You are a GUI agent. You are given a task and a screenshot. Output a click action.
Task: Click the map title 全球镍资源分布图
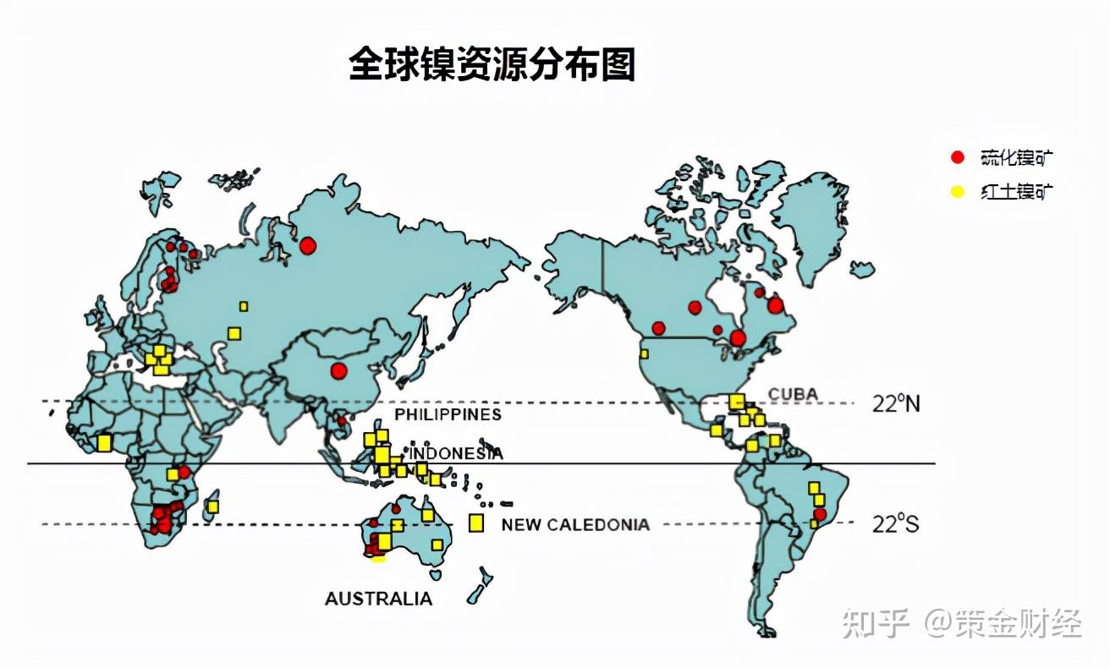(492, 64)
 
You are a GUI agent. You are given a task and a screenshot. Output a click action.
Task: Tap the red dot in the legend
(957, 157)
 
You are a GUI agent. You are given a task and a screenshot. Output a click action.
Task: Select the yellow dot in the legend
(957, 191)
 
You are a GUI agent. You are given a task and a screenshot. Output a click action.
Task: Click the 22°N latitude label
(896, 403)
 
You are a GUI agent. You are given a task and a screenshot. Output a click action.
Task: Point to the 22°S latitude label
(895, 524)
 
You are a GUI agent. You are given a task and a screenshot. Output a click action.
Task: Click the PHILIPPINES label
(448, 414)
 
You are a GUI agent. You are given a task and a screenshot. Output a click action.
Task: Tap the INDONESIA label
(457, 454)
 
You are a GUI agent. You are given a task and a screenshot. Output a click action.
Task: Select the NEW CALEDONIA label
(575, 524)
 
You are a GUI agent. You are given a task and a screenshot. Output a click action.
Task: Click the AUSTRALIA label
(378, 599)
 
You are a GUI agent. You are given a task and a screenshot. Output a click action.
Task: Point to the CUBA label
(793, 395)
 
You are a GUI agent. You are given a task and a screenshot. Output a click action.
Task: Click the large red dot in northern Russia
(307, 245)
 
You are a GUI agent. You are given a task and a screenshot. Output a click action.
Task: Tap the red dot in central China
(339, 370)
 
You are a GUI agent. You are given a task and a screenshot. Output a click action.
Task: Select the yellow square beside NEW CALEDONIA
(476, 523)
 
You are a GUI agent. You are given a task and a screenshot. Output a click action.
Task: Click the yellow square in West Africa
(104, 442)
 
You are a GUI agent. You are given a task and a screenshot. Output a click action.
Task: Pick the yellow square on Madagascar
(212, 506)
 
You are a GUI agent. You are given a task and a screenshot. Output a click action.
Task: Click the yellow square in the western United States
(644, 353)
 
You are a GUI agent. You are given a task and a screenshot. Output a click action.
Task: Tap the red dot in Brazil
(819, 514)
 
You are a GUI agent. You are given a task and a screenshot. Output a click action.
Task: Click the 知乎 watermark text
(876, 625)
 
